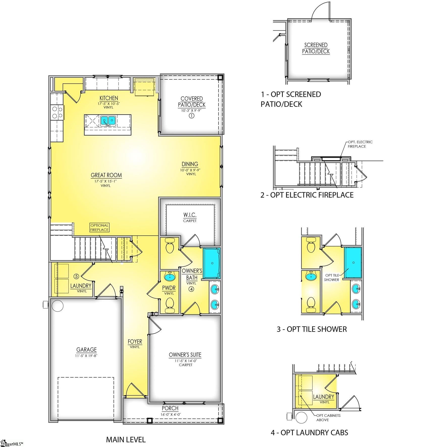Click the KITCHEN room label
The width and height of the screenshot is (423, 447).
109,98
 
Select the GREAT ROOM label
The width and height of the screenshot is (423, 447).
106,175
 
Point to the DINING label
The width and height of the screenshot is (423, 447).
190,164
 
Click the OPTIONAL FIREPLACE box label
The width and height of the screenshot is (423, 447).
99,228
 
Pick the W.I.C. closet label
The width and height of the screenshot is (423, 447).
190,215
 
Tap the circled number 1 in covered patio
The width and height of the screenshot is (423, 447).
192,116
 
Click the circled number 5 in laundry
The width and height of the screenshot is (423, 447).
76,276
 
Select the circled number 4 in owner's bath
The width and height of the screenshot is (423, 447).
191,289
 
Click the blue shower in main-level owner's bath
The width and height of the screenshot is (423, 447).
212,263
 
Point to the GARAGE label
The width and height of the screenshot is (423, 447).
87,350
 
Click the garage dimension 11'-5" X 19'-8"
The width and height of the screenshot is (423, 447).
86,356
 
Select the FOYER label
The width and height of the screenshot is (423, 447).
135,342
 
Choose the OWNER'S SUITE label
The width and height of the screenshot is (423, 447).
185,355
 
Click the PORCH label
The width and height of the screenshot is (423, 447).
170,408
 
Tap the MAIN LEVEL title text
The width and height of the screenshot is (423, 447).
126,440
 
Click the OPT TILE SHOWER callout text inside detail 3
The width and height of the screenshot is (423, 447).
331,277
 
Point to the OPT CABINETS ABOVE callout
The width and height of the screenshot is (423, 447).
328,418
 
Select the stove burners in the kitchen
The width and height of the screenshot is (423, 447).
57,112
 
